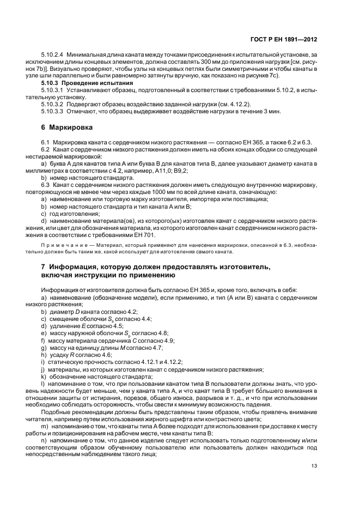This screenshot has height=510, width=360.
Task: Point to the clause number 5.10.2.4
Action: (x=53, y=55)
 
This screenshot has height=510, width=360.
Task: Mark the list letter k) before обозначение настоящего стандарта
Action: (x=44, y=376)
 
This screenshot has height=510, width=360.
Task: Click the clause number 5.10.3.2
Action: (x=53, y=103)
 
